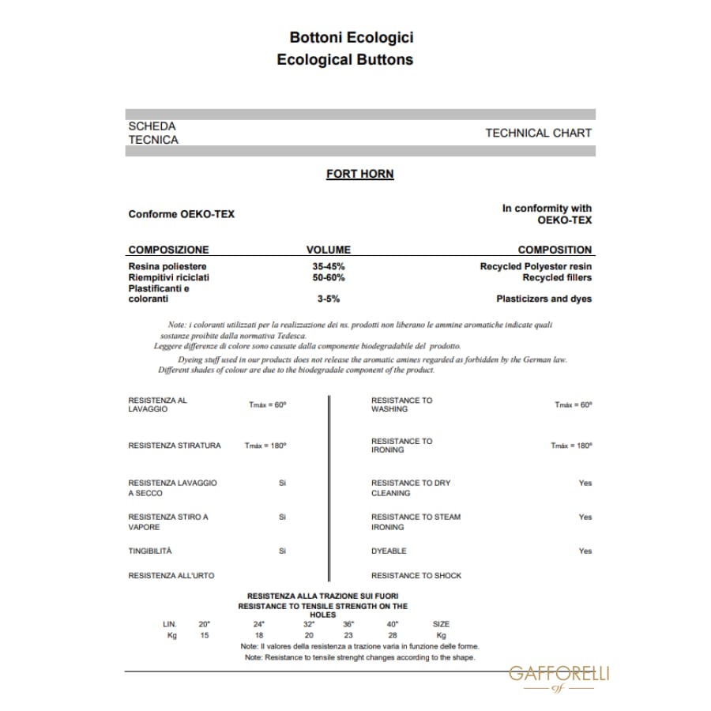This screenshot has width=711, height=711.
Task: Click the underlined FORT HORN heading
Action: [359, 174]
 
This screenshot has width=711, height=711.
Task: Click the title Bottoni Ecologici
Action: [351, 37]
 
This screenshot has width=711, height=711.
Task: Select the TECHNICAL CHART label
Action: [538, 133]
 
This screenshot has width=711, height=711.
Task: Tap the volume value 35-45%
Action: [328, 267]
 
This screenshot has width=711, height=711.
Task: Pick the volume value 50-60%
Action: [328, 278]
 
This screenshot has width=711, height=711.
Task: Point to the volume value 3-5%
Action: [328, 299]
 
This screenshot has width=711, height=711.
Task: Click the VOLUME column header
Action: [328, 250]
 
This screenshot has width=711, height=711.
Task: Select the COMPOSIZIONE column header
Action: [168, 250]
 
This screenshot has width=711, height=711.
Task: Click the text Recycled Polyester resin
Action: [536, 267]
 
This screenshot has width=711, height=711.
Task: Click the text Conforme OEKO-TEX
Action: [181, 214]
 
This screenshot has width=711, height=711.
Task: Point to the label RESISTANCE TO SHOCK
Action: [416, 576]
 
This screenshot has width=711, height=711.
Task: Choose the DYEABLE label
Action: [389, 551]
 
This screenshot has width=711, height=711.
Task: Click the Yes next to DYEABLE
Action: [585, 551]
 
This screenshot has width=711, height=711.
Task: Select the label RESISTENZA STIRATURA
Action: [175, 446]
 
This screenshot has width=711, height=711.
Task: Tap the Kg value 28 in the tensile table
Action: [392, 635]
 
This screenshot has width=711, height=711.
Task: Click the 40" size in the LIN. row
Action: [392, 624]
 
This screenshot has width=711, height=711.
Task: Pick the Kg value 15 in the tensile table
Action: [205, 635]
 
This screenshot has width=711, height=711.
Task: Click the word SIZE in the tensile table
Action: [441, 624]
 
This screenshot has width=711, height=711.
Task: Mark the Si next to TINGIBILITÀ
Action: [282, 551]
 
